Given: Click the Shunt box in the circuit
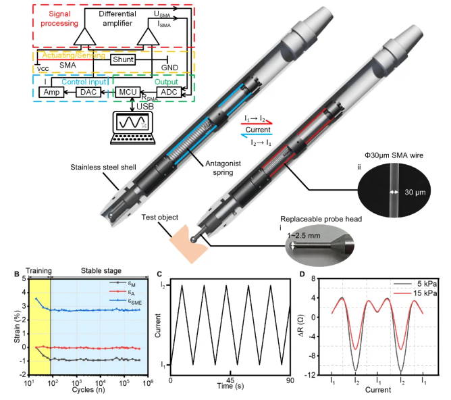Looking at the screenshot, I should pyautogui.click(x=122, y=59).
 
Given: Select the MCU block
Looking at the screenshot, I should pyautogui.click(x=126, y=91).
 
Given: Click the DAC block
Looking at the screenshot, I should pyautogui.click(x=88, y=91).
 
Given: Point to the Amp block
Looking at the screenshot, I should pyautogui.click(x=51, y=91).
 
